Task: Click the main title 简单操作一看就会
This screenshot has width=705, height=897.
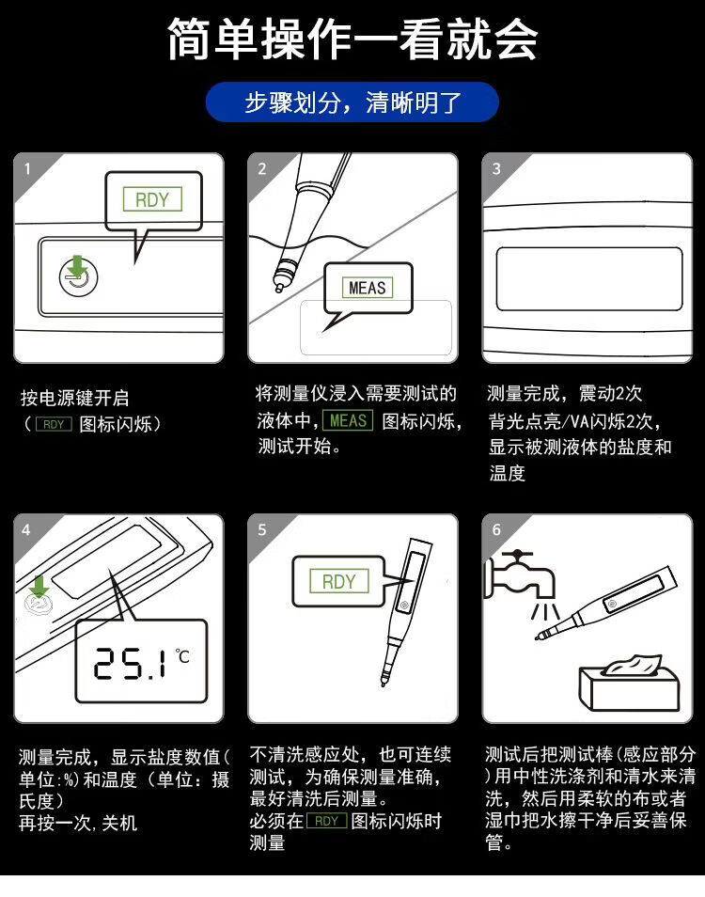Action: pos(352,39)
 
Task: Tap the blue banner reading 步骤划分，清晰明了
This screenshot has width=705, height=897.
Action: pos(352,102)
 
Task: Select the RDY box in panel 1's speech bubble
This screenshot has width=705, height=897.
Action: pos(152,199)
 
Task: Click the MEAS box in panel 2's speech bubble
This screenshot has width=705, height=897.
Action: pos(368,287)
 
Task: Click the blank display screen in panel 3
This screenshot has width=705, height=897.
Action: pos(589,279)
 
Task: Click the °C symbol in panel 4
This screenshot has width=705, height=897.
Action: pos(182,655)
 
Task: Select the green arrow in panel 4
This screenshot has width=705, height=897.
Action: pos(39,587)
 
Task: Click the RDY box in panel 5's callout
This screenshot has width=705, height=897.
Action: pos(339,582)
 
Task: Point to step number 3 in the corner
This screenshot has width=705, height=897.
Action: pos(496,168)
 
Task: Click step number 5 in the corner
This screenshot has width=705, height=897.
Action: pos(262,529)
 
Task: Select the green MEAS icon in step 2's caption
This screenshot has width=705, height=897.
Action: pos(348,420)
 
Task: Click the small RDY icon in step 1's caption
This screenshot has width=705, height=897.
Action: pos(54,424)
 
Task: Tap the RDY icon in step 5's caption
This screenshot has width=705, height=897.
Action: pos(326,821)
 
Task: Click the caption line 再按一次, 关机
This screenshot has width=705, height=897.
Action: pos(78,824)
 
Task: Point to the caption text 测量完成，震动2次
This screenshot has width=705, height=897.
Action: pos(564,394)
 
